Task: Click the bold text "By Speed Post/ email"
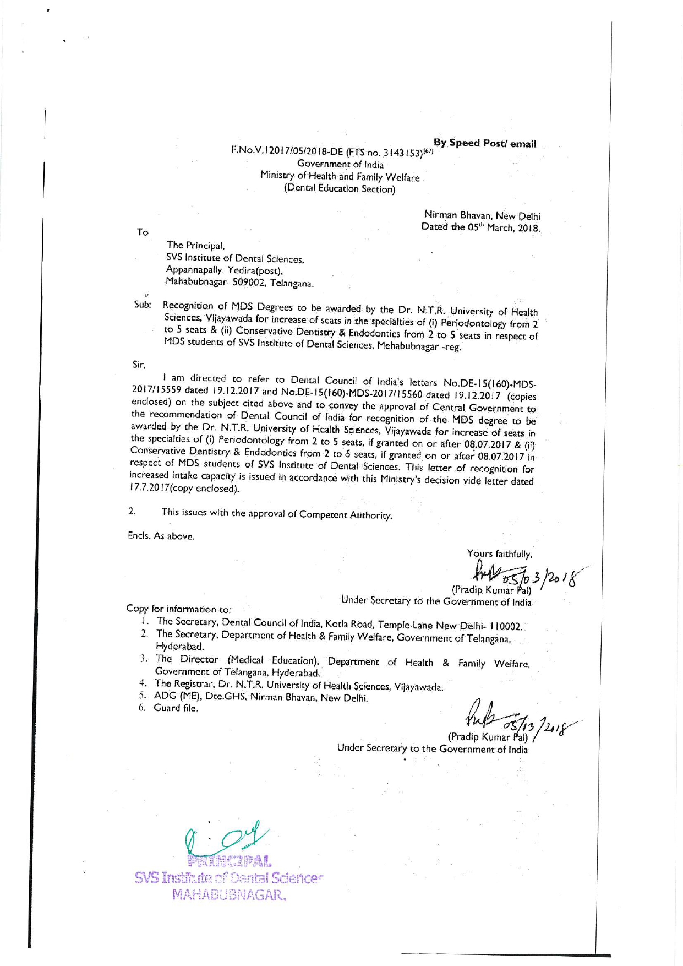484,143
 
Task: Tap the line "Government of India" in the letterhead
340,164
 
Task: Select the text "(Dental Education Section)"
340,188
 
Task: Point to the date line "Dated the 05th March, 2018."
480,227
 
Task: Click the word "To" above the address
143,232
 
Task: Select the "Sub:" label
142,305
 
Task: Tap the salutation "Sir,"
139,365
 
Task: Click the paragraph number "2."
132,511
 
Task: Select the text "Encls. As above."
161,536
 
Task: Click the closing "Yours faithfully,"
499,554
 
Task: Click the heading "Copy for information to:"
178,609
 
